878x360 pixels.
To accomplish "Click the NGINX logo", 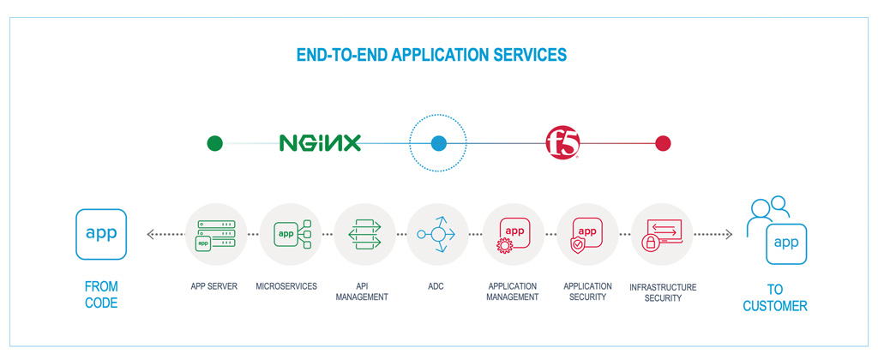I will tap(320, 143).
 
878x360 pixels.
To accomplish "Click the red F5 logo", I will tap(562, 143).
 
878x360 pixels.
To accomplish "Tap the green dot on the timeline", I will tap(215, 143).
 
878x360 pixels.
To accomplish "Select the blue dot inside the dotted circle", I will tap(439, 143).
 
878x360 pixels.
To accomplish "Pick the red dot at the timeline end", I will tap(663, 143).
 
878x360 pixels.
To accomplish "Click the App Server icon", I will tap(215, 233).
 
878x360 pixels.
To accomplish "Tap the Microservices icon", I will tap(290, 233).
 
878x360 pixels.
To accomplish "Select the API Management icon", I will tap(364, 233).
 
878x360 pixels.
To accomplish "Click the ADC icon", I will tap(438, 233).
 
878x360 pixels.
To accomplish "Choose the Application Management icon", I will tap(513, 233).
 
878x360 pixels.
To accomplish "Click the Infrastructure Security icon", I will tap(662, 233).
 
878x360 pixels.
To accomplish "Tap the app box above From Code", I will tap(101, 233).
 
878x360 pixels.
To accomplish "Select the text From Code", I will tap(101, 294).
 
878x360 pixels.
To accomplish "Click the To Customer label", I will tap(775, 297).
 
